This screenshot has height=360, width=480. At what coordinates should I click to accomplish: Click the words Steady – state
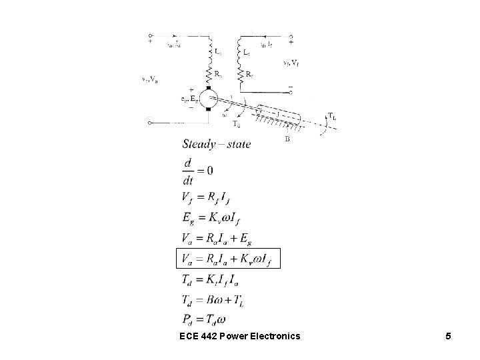click(215, 145)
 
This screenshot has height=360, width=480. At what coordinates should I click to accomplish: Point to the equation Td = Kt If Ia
click(216, 279)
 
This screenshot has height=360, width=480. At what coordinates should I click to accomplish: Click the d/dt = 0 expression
click(197, 171)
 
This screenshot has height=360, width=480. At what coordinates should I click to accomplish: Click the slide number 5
click(449, 336)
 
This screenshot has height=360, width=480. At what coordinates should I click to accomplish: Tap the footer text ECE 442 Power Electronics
click(240, 336)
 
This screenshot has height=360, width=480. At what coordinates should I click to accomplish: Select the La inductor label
click(219, 51)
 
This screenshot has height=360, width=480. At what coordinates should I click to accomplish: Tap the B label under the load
click(287, 139)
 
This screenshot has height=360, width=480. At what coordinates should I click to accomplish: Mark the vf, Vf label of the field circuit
click(290, 63)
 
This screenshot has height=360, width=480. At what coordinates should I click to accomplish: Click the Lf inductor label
click(247, 51)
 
